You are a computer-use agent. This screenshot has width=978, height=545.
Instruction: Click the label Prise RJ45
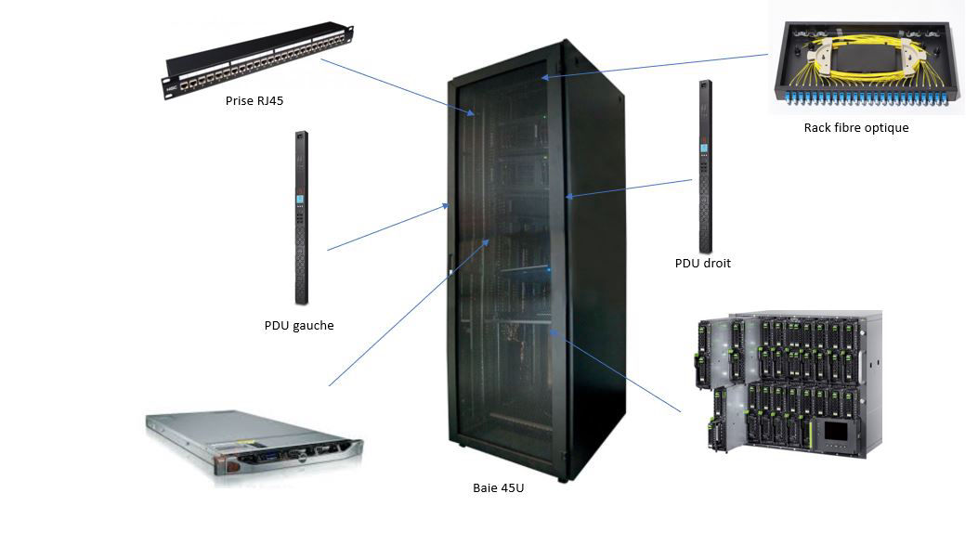[x=254, y=100]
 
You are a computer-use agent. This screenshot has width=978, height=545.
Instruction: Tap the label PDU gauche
[x=299, y=326]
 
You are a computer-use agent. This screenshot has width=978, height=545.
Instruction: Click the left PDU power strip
[x=301, y=218]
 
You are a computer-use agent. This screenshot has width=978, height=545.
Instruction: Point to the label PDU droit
[x=703, y=264]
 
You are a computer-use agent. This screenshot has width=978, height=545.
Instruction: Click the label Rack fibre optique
[x=856, y=128]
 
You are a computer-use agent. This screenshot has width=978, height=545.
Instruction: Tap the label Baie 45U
[x=499, y=487]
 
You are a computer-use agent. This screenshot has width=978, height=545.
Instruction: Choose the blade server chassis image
[x=789, y=383]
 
